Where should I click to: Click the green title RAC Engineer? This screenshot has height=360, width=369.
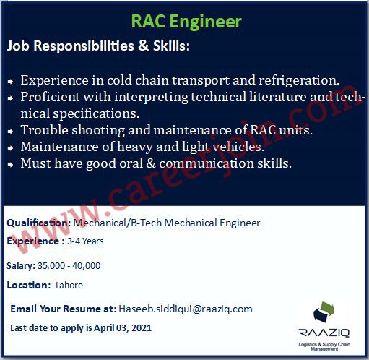click(186, 22)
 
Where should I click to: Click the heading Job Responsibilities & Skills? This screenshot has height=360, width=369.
click(98, 46)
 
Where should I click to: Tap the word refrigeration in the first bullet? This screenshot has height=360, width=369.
click(299, 80)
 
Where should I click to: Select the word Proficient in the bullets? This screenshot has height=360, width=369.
click(50, 97)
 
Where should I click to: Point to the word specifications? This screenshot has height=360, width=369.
click(96, 113)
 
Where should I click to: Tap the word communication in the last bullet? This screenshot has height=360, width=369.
click(207, 163)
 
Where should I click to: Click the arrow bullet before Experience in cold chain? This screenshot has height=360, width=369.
click(10, 82)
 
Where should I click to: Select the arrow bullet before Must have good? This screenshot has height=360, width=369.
click(10, 165)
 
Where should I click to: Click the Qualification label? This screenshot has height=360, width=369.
click(38, 223)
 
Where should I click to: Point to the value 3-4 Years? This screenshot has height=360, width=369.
click(85, 241)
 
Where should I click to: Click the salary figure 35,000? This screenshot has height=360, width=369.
click(51, 266)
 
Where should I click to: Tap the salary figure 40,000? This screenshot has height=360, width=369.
click(87, 266)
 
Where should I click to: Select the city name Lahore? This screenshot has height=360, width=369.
click(69, 286)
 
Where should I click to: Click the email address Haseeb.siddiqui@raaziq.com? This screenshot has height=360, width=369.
click(186, 309)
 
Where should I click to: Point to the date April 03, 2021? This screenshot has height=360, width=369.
click(123, 328)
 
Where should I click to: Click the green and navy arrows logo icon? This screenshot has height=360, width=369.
click(324, 312)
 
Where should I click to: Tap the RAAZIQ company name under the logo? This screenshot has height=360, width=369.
click(324, 333)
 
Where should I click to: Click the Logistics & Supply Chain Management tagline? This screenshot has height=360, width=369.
click(324, 346)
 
